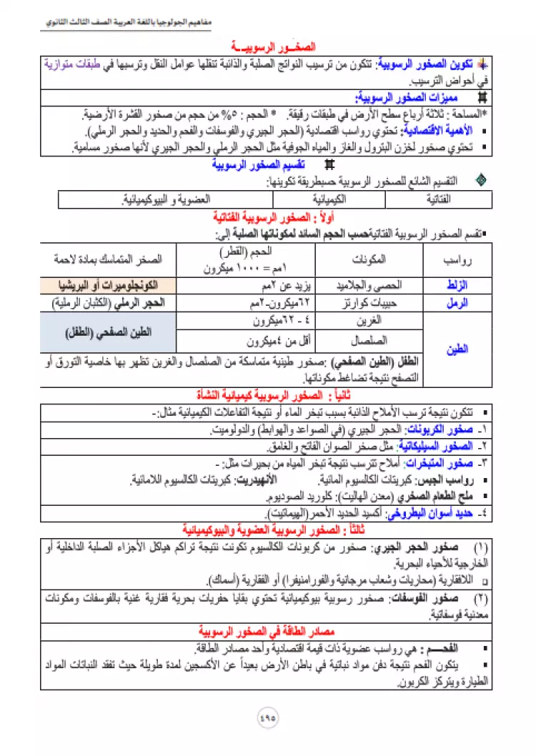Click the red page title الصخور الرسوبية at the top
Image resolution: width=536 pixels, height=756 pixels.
269,45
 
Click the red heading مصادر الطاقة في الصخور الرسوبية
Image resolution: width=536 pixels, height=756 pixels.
267,632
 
